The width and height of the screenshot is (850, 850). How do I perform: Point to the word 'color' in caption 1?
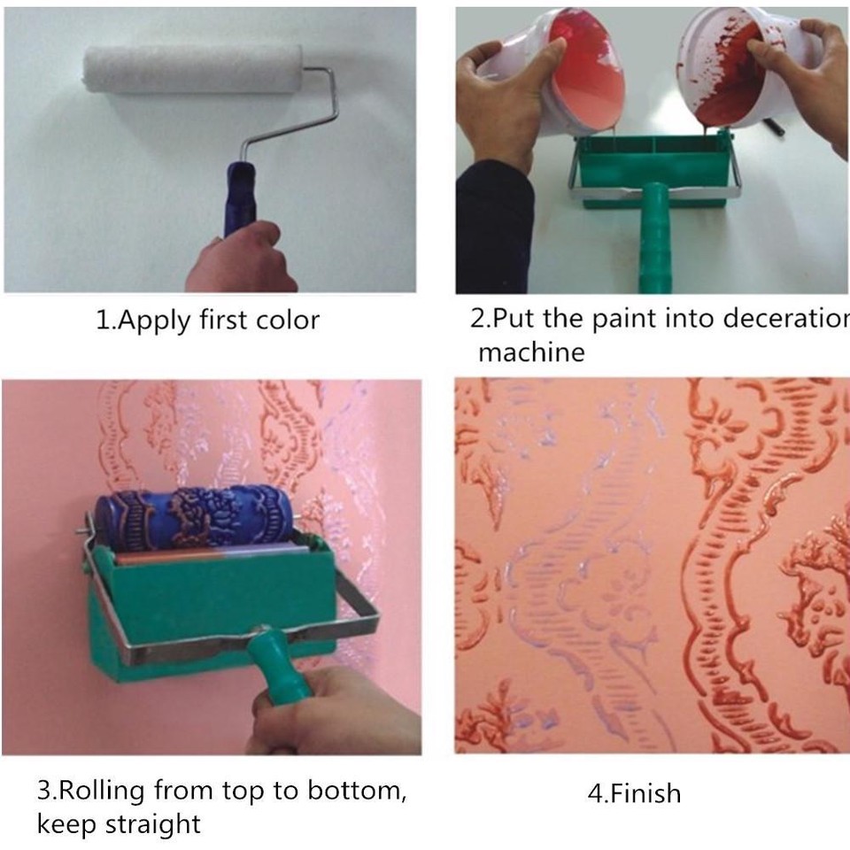coord(288,320)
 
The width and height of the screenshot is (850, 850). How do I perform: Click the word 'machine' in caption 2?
coord(531,352)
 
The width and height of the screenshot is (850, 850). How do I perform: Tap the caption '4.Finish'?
coord(634,792)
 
